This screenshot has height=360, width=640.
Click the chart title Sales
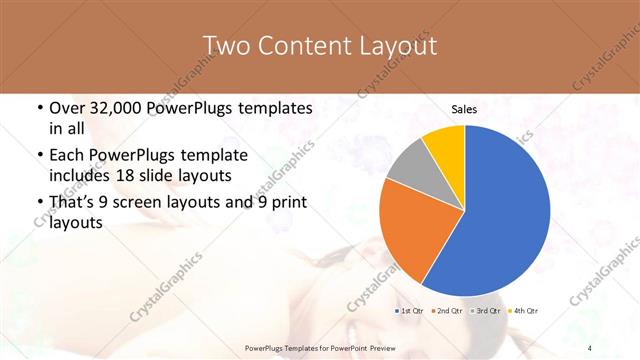click(464, 108)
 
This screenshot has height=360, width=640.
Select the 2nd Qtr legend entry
click(450, 312)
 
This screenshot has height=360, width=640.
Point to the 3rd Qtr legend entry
click(486, 312)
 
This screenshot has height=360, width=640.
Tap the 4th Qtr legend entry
click(523, 312)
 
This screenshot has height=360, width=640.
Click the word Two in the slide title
click(227, 46)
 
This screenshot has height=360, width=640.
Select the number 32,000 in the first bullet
click(116, 109)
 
